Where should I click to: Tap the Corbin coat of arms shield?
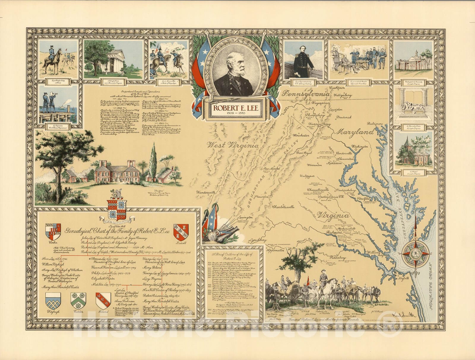pos(53,232)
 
